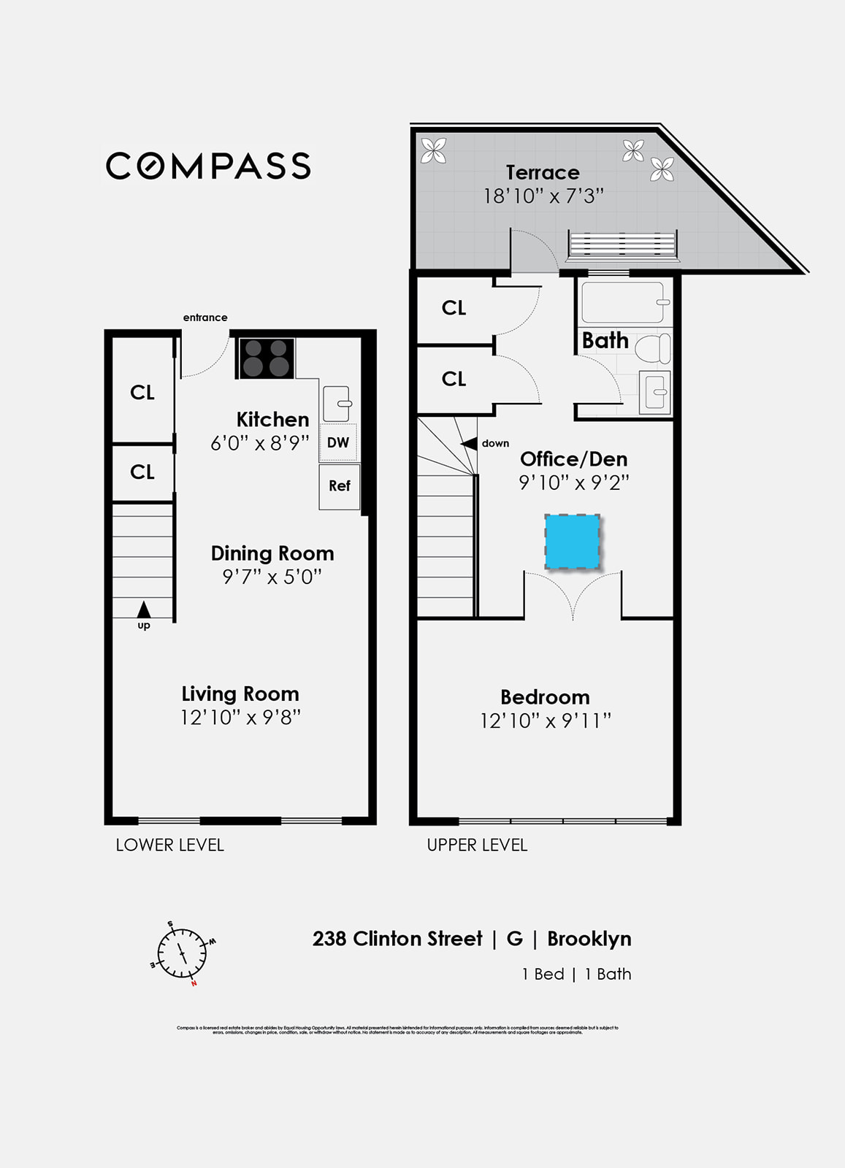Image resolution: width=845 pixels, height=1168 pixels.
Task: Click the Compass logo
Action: [x=208, y=166]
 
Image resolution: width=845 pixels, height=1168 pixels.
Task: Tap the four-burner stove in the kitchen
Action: [x=267, y=358]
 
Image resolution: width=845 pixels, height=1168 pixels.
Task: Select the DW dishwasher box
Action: [x=338, y=442]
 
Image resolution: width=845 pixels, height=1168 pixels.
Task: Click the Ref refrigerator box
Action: [x=340, y=486]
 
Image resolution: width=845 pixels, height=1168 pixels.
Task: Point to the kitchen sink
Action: [x=337, y=404]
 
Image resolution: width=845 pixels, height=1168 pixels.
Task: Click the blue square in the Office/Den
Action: [x=573, y=542]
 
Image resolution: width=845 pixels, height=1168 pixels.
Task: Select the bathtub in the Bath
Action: [x=623, y=302]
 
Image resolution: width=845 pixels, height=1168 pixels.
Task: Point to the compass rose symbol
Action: [x=183, y=953]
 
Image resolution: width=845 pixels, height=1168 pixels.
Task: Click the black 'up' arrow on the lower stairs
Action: [x=144, y=609]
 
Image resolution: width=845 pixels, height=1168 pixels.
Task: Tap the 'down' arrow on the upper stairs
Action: [x=468, y=443]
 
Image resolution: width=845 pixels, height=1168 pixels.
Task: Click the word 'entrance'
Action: [x=205, y=318]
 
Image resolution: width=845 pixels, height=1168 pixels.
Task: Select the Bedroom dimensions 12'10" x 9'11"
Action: [x=545, y=721]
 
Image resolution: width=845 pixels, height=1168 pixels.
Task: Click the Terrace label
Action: [x=543, y=172]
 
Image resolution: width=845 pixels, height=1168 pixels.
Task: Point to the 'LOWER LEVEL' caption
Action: [x=169, y=845]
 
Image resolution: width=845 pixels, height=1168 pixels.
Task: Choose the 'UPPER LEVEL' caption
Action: [x=477, y=845]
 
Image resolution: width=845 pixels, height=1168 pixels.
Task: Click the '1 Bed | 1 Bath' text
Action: [x=576, y=974]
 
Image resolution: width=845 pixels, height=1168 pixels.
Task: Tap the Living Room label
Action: [x=240, y=693]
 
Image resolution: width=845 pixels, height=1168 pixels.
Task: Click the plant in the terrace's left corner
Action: [x=434, y=151]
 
